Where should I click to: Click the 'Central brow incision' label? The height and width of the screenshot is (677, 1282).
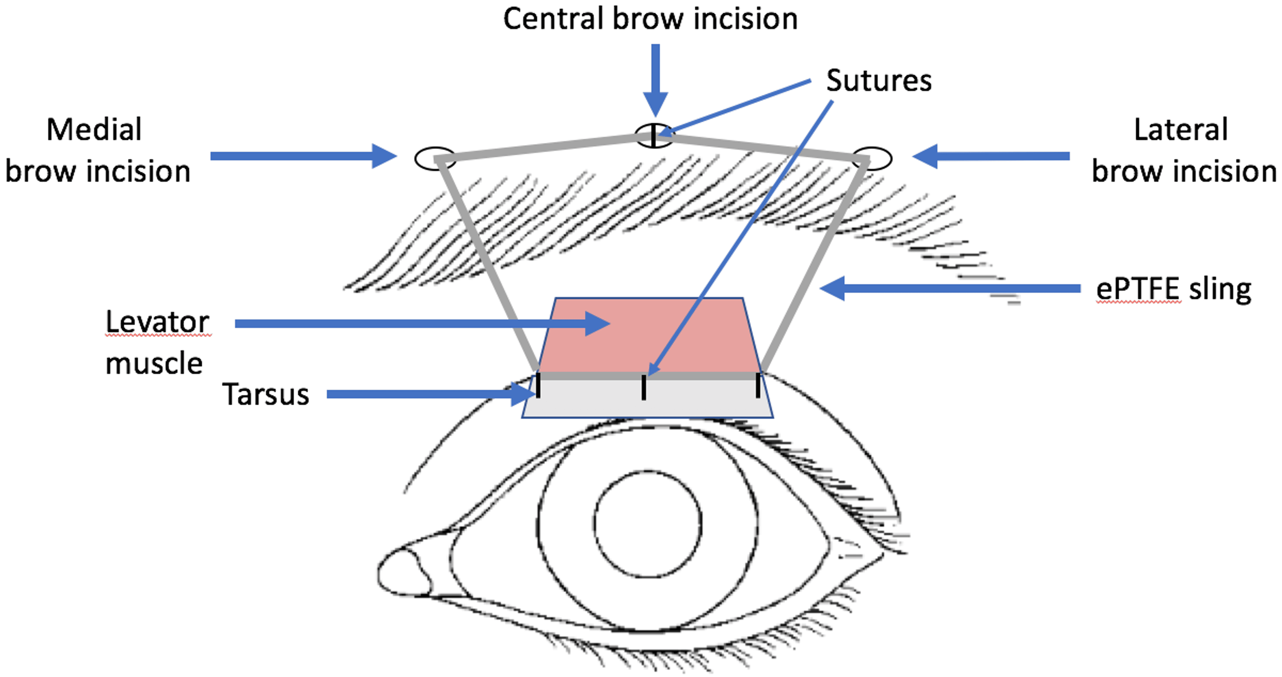click(x=650, y=19)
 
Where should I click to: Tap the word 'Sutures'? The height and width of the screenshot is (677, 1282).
click(x=879, y=81)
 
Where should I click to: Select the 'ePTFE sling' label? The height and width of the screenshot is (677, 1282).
click(x=1173, y=289)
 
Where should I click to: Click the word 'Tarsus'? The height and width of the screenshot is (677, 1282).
click(x=265, y=395)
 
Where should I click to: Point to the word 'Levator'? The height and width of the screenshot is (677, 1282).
click(x=157, y=323)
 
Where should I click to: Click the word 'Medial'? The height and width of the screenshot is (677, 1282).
click(x=94, y=130)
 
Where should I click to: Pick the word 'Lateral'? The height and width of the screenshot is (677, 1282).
click(x=1180, y=130)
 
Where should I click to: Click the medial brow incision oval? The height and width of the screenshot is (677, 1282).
click(x=435, y=158)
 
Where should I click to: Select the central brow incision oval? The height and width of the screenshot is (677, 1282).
click(x=654, y=136)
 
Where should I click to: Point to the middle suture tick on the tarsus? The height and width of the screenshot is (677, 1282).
click(x=644, y=388)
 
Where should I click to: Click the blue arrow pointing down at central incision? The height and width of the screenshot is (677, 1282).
click(x=656, y=79)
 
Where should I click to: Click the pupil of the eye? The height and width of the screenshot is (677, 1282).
click(x=648, y=524)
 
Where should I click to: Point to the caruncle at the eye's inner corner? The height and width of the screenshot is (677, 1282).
click(x=403, y=572)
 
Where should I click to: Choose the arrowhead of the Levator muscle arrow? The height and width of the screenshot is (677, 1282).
click(x=597, y=324)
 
